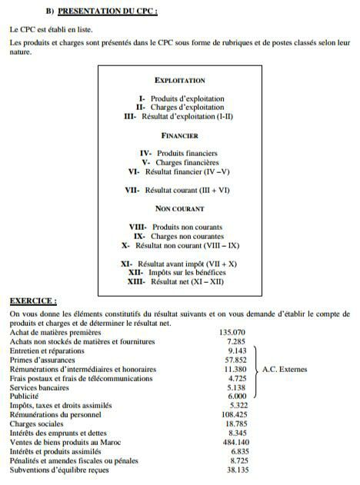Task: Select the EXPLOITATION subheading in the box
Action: [179, 81]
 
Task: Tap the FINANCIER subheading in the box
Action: [179, 136]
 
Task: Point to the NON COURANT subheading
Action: [179, 208]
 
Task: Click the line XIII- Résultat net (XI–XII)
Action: [179, 282]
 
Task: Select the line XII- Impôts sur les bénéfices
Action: [179, 273]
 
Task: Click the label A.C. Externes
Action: [285, 370]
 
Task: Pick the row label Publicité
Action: [24, 397]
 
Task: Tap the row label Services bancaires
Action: [40, 387]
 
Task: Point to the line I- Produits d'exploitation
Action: [182, 99]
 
